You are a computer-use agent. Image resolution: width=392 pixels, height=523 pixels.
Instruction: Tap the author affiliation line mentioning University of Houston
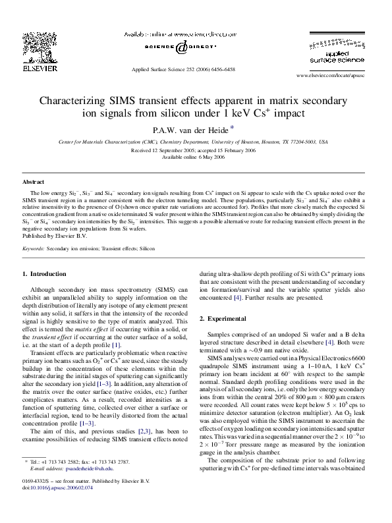point(193,142)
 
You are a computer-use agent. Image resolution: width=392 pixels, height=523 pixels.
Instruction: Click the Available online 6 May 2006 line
point(193,157)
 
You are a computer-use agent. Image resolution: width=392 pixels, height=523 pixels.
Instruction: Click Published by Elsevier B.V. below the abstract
point(51,235)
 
